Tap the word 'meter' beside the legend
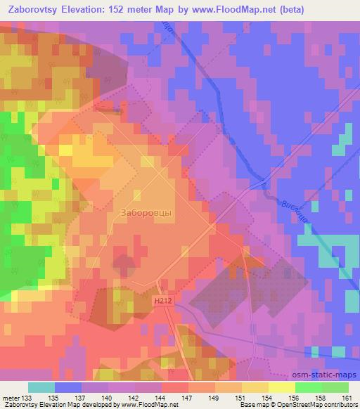(x=12, y=397)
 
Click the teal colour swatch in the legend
(x=41, y=387)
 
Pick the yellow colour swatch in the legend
(x=282, y=387)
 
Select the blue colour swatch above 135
(x=68, y=387)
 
